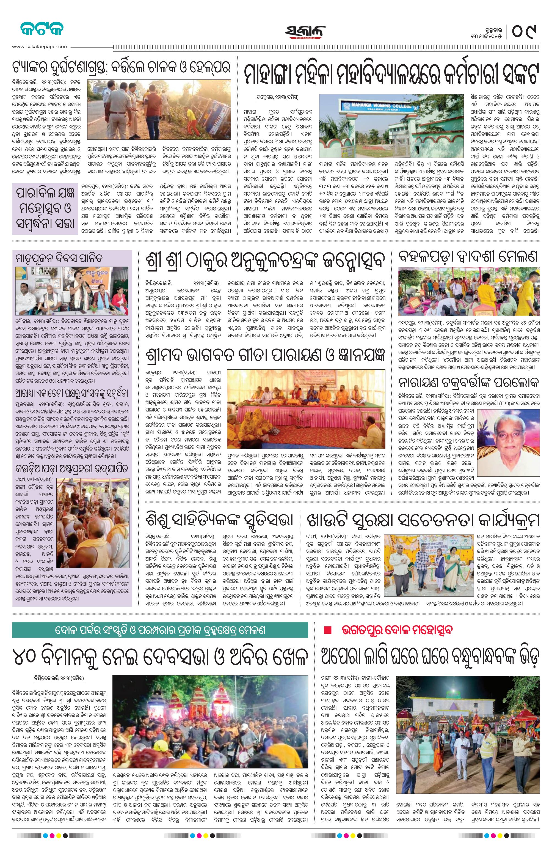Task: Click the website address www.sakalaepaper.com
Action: (40, 46)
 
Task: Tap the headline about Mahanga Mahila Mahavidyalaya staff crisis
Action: (391, 73)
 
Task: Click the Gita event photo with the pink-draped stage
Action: (306, 409)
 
